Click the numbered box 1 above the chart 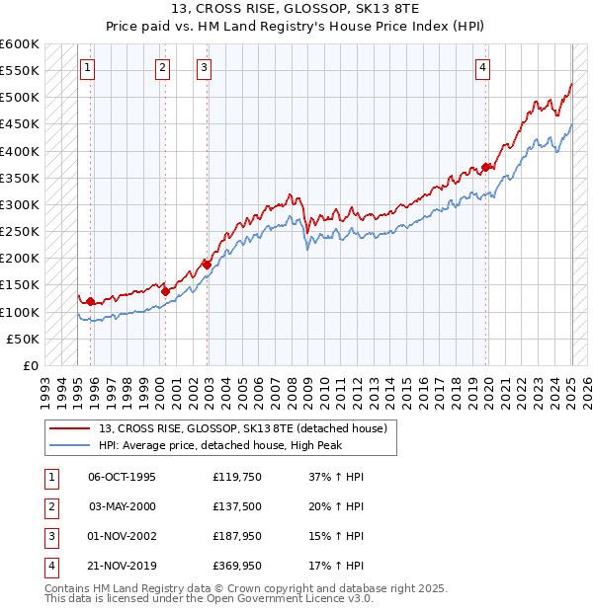click(88, 68)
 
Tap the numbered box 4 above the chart click(482, 68)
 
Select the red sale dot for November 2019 click(485, 167)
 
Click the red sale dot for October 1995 click(91, 301)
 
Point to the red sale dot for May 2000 click(165, 291)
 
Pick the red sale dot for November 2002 click(207, 265)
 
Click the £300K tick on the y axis click(20, 204)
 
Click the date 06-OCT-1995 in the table click(122, 477)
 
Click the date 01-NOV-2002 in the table click(122, 536)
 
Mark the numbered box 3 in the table click(49, 536)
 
